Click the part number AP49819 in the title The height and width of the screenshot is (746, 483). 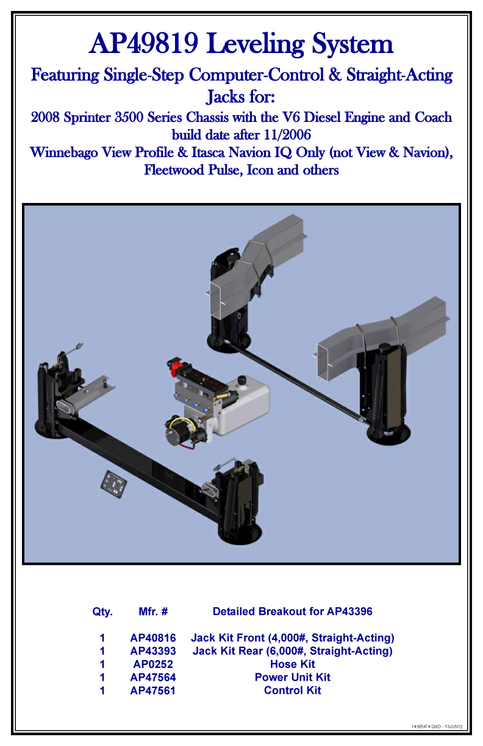coord(144,44)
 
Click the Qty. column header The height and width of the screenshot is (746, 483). coord(102,611)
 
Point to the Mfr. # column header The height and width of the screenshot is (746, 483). coord(153,611)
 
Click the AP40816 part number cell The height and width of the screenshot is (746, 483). coord(153,638)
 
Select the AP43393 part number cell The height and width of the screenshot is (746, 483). coord(153,652)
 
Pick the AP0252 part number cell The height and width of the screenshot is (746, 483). coord(153,664)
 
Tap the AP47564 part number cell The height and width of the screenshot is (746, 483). coord(153,678)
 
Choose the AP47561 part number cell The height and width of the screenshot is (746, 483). coord(153,691)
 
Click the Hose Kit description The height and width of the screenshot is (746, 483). coord(293,664)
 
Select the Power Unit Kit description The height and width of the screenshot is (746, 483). coord(293,678)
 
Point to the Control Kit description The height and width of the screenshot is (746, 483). coord(293,691)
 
